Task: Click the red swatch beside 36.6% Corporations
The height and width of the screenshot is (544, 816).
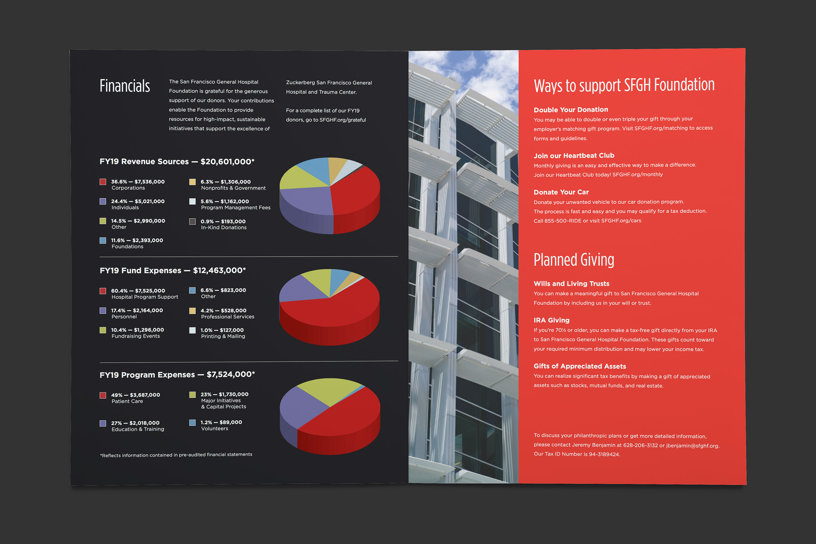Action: pyautogui.click(x=103, y=182)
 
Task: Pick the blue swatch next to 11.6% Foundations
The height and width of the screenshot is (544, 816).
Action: pyautogui.click(x=103, y=241)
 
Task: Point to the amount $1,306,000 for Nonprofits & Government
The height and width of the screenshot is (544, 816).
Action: pyautogui.click(x=235, y=182)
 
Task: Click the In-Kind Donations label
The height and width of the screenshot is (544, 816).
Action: pyautogui.click(x=224, y=228)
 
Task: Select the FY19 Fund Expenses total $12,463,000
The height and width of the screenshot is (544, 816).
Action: pyautogui.click(x=219, y=270)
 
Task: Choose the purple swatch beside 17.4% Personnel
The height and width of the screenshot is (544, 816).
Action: pyautogui.click(x=103, y=311)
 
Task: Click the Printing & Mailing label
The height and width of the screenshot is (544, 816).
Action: pyautogui.click(x=223, y=336)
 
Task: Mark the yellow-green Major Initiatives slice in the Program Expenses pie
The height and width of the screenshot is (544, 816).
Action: pyautogui.click(x=328, y=390)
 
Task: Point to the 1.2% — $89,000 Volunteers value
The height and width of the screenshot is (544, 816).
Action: pyautogui.click(x=221, y=422)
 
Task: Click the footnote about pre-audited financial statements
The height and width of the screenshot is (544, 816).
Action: pyautogui.click(x=176, y=455)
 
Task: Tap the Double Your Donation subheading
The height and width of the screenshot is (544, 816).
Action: pyautogui.click(x=571, y=110)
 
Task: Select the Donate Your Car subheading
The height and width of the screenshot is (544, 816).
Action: pyautogui.click(x=561, y=192)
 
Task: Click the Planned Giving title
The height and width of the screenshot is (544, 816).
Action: pyautogui.click(x=574, y=260)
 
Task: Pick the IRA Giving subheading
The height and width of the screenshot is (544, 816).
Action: pyautogui.click(x=552, y=320)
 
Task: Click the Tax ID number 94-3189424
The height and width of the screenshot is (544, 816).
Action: pyautogui.click(x=604, y=454)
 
